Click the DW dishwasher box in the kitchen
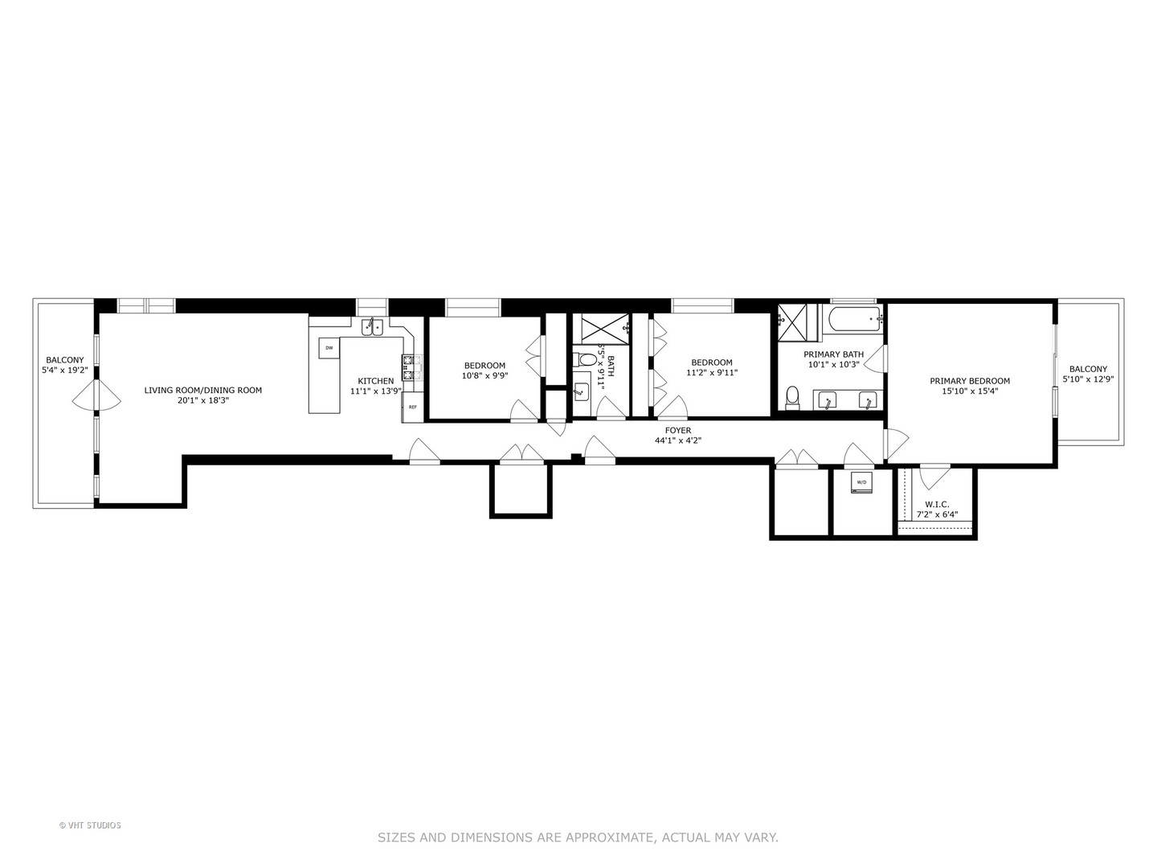click(x=329, y=348)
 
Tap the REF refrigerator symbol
click(x=412, y=407)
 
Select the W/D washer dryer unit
click(x=861, y=483)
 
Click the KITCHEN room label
click(x=376, y=381)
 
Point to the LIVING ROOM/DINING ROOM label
click(x=203, y=391)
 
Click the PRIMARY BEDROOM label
click(x=970, y=381)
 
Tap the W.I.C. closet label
click(x=938, y=505)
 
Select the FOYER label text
click(x=678, y=431)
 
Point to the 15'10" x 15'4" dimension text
click(x=970, y=391)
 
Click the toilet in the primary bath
click(x=793, y=396)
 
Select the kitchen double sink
click(x=372, y=326)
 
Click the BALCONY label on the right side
click(x=1088, y=369)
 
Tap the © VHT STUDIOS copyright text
click(x=90, y=825)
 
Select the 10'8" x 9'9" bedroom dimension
click(x=484, y=375)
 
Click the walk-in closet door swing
click(x=934, y=477)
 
